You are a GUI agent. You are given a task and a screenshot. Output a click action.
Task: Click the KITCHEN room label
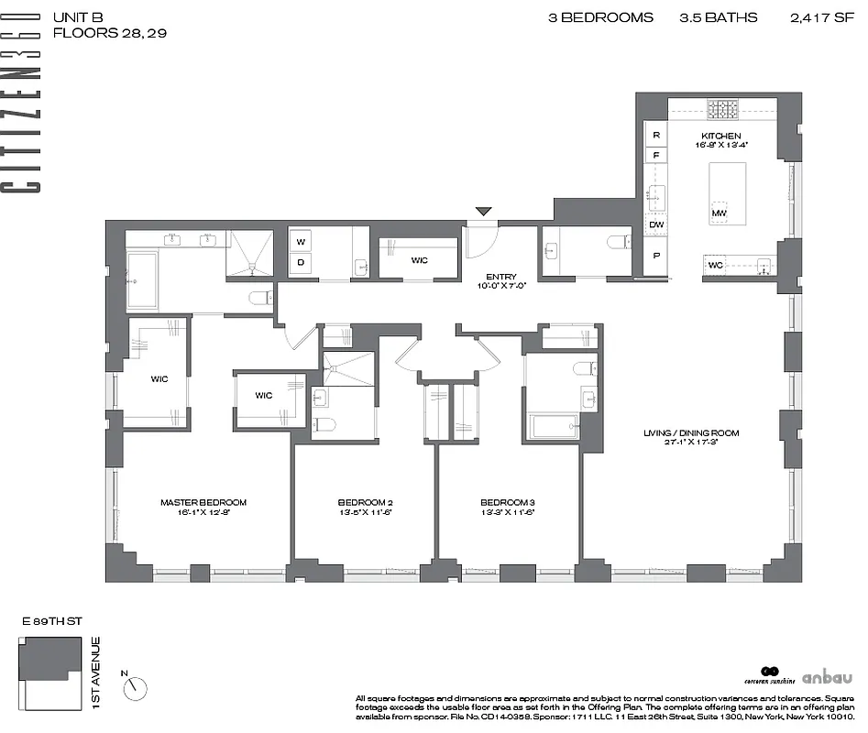(721, 137)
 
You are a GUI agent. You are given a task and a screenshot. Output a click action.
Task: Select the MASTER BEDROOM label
(203, 502)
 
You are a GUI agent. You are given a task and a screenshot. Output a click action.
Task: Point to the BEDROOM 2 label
(365, 502)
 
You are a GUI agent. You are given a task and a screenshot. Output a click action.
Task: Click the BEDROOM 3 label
(508, 502)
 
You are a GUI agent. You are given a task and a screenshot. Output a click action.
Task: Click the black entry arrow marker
(483, 213)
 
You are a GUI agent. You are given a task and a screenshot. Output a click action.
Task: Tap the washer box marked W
(301, 242)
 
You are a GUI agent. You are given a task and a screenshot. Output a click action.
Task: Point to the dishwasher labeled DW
(656, 224)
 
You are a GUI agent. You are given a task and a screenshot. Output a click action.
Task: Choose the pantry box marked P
(656, 257)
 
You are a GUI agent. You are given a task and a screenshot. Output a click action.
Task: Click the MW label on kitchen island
(719, 214)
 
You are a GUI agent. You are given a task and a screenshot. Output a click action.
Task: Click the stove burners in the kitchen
(721, 110)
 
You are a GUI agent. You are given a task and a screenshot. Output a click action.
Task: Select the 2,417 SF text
(821, 17)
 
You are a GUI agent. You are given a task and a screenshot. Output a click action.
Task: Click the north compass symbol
(136, 684)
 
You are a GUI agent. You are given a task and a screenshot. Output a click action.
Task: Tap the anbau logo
(827, 678)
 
